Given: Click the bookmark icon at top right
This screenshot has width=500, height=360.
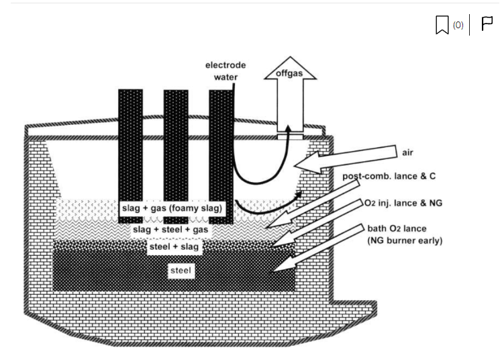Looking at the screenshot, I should click(442, 26).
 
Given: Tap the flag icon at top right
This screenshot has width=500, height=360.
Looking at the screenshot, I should click(487, 25).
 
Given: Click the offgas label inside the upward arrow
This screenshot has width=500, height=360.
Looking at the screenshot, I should click(289, 73).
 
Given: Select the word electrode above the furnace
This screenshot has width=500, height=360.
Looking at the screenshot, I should click(226, 65).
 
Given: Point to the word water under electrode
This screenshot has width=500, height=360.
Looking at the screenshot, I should click(226, 77).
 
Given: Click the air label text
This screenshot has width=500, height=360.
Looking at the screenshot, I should click(407, 152).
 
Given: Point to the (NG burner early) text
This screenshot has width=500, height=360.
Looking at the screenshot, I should click(405, 240).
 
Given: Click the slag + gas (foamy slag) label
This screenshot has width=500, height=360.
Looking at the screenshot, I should click(172, 209).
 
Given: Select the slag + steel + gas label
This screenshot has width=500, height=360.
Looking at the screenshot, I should click(170, 230).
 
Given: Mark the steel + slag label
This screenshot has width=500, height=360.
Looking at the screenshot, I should click(173, 247).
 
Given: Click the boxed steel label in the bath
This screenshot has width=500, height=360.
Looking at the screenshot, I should click(181, 271).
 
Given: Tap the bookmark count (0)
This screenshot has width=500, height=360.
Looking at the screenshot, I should click(458, 25).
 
